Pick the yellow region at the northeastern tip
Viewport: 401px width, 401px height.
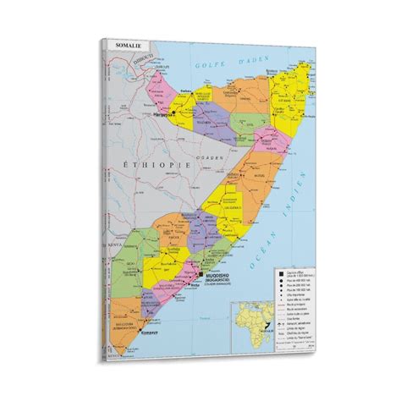pyautogui.click(x=279, y=93)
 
